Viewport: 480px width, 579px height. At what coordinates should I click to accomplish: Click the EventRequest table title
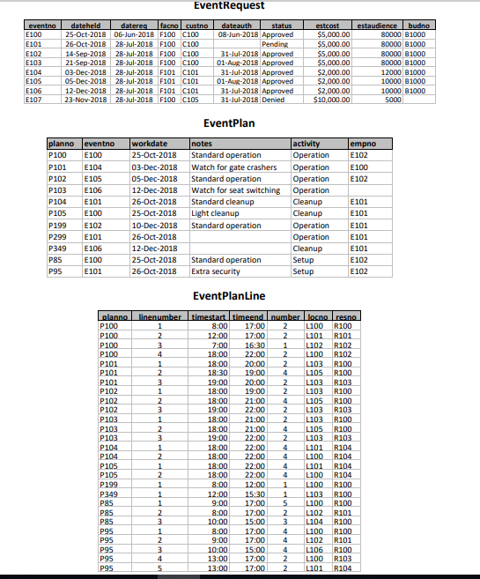(x=240, y=7)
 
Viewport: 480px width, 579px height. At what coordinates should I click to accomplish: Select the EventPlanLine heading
(x=240, y=295)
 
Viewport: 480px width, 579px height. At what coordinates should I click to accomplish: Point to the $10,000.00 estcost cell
(x=332, y=99)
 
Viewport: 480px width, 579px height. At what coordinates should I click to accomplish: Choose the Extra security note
(x=218, y=271)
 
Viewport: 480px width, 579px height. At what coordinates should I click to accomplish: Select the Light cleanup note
(x=214, y=213)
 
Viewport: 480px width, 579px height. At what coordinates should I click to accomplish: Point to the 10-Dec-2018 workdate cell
(x=154, y=225)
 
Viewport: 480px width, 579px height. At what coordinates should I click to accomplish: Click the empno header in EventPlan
(x=362, y=143)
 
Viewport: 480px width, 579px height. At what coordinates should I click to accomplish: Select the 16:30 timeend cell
(x=255, y=346)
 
